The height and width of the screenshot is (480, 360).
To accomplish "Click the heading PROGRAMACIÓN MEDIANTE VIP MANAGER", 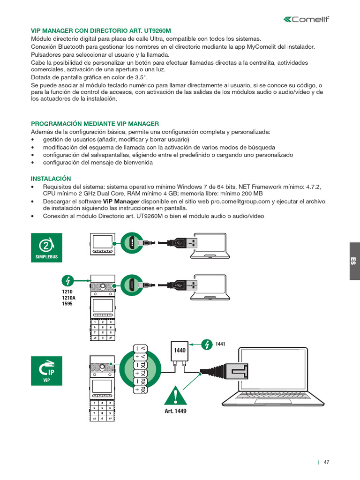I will pos(95,124).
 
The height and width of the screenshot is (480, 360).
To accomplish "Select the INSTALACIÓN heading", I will pos(51,179).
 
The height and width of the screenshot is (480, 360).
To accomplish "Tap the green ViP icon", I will pos(46,371).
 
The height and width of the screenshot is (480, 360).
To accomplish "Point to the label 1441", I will pos(220,345).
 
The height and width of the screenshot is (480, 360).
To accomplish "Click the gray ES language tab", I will pos(354,261).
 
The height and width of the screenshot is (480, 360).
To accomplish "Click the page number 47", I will pos(327,462).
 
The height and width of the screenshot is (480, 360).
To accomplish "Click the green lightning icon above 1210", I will pos(68,281).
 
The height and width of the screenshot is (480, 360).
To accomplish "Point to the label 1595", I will pos(61,304).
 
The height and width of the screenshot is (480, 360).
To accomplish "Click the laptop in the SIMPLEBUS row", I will pos(210,246).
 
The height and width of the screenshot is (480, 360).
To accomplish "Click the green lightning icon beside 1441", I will pos(207,345).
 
